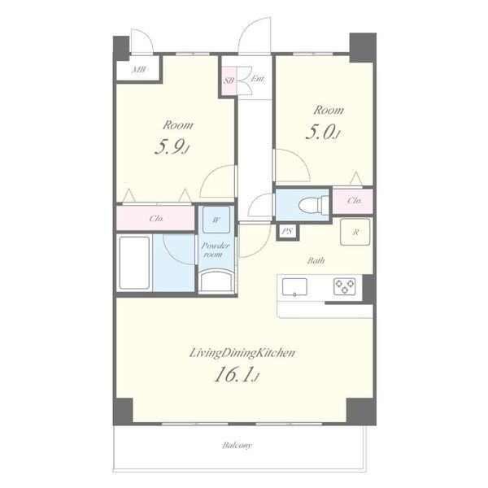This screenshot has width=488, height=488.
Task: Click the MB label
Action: coord(138,69)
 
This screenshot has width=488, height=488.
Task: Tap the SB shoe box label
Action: coord(229,81)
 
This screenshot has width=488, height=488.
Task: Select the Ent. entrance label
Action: coord(258,79)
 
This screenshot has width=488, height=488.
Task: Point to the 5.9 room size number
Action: coord(171,147)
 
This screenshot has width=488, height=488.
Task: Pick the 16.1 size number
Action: coord(236,374)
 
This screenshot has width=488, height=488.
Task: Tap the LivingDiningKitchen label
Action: coord(242,353)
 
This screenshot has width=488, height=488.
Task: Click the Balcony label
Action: coord(237,446)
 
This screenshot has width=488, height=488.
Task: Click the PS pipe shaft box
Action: coord(288,232)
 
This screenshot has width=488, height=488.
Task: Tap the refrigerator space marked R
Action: coord(355,232)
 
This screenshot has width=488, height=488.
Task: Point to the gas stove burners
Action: coord(345,286)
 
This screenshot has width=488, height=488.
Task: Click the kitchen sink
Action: coord(294,287)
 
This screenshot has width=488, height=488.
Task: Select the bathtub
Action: coord(134,263)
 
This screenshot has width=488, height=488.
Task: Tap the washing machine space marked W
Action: coord(216,220)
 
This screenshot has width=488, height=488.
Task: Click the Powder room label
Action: coord(216,250)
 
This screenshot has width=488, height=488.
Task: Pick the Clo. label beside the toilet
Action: coord(355,201)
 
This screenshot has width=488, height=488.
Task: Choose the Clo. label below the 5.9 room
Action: coord(156,219)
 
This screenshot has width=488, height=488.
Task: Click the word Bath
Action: coord(316,260)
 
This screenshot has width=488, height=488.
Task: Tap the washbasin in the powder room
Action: coord(216,281)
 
